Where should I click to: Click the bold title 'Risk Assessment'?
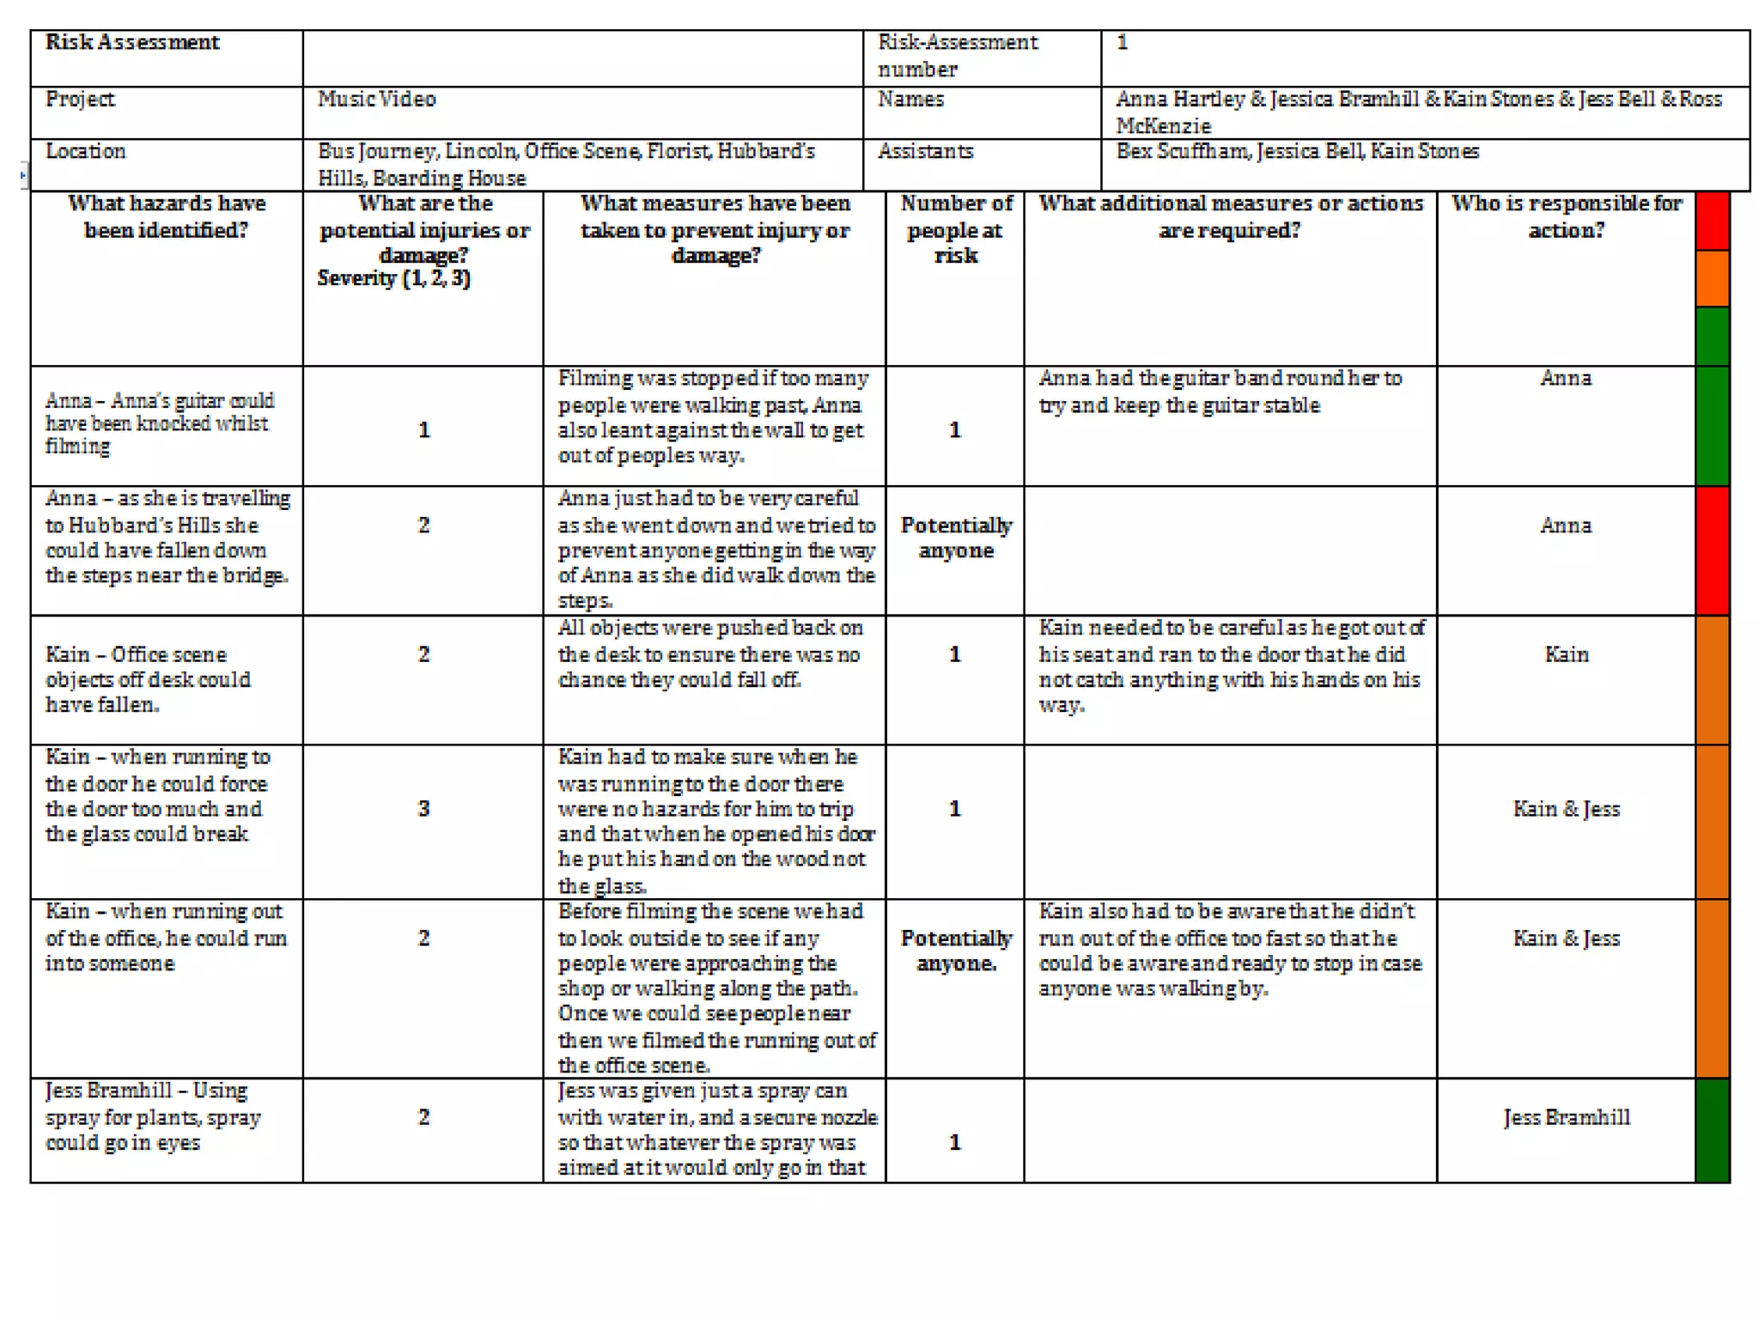132,42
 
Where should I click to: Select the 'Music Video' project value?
376,100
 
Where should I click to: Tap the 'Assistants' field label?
925,152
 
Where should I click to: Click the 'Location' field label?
86,152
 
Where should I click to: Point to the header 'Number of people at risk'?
955,229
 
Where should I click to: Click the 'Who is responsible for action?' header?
1566,216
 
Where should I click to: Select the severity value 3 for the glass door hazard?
423,809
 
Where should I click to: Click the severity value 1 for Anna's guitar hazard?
423,430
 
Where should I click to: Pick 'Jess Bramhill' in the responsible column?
1566,1117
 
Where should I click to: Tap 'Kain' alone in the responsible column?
1566,655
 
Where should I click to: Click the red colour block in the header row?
1712,221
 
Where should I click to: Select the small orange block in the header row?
1712,278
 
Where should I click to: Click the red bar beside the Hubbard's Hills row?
1712,550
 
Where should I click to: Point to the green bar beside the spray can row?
1712,1130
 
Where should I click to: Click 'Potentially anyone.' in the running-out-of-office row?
956,951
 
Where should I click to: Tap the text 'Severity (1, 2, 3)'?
393,278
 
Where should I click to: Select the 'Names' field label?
910,100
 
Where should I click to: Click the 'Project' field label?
80,100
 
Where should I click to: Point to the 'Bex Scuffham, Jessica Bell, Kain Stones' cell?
1297,152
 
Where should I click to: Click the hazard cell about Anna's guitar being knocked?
160,423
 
